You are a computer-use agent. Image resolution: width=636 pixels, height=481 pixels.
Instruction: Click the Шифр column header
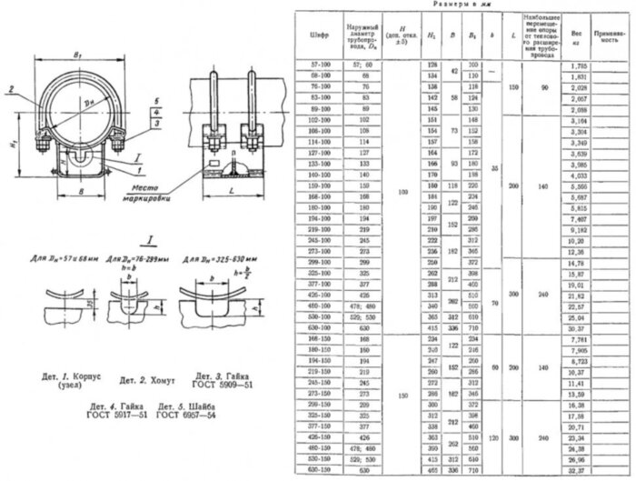click(319, 37)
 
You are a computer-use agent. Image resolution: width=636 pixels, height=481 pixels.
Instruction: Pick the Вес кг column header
click(575, 37)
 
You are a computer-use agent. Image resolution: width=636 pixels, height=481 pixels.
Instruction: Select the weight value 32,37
click(575, 471)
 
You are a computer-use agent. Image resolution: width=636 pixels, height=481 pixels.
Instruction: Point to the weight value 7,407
click(575, 219)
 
